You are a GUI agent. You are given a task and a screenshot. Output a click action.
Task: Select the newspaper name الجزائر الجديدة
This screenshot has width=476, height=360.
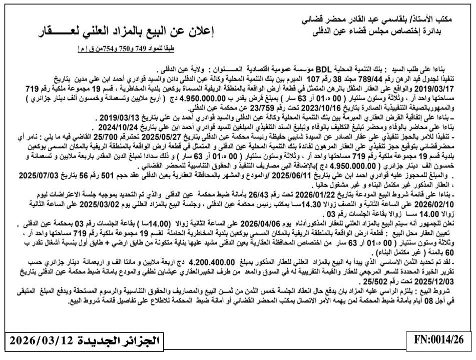click(x=116, y=342)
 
